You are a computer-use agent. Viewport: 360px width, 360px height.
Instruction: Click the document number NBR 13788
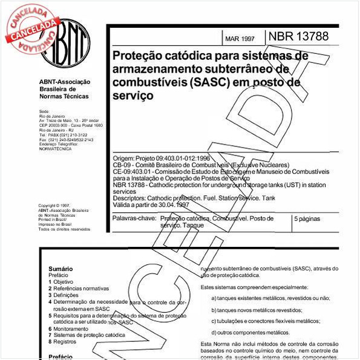(298, 36)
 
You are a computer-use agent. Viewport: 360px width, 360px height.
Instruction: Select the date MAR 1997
(240, 39)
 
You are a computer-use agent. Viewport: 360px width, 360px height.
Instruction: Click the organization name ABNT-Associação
(65, 82)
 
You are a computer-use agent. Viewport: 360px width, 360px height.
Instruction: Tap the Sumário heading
(61, 269)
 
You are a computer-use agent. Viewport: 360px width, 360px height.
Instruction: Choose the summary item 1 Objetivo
(61, 282)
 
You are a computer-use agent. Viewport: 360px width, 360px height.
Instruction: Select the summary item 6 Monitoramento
(70, 329)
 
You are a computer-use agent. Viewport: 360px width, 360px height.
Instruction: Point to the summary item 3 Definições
(65, 295)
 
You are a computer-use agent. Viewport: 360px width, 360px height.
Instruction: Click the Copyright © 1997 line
(54, 206)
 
